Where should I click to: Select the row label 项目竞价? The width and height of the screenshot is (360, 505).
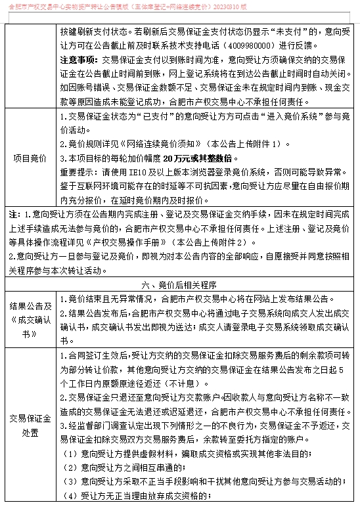click(x=30, y=158)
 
